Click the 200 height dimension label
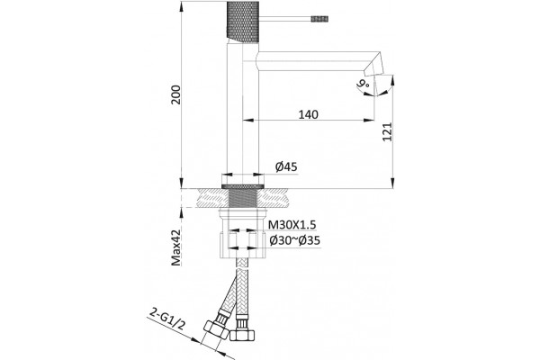[x=176, y=94]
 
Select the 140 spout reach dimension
[x=308, y=114]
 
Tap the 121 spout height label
[x=387, y=131]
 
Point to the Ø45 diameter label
[x=286, y=167]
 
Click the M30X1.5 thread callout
[x=292, y=225]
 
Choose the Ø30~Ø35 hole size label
[x=295, y=241]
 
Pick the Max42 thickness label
[x=176, y=248]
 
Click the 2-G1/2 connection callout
[x=167, y=319]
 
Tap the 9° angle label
[x=364, y=84]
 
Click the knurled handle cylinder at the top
[x=243, y=21]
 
